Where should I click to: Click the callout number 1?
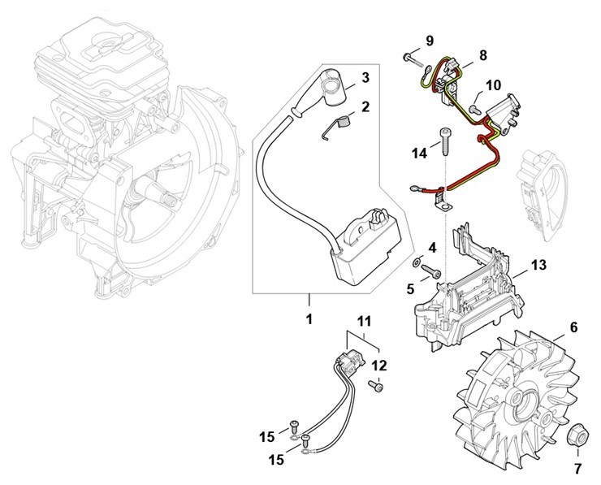coord(309,318)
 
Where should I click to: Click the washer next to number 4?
coord(417,262)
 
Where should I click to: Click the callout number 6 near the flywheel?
coord(573,327)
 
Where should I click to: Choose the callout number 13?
coord(539,265)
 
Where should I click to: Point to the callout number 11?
coord(365,321)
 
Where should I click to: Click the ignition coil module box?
coord(369,247)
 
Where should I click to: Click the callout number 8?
coord(483,55)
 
